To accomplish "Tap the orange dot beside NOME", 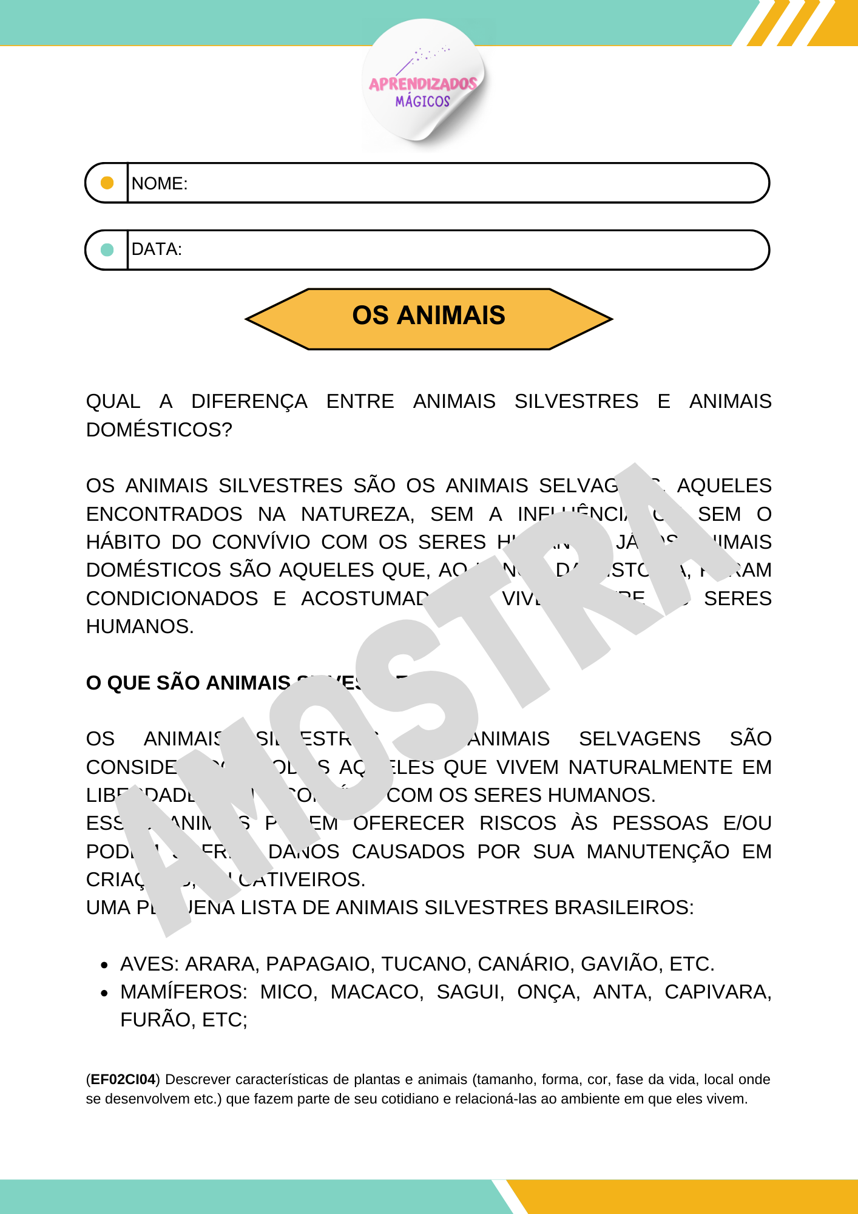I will click(x=107, y=183).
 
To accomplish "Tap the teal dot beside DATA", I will click(x=107, y=249).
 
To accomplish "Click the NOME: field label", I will click(x=160, y=183).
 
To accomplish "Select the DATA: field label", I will click(x=157, y=249).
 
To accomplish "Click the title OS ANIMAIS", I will click(x=428, y=316).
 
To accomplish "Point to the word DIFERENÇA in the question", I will click(x=249, y=401).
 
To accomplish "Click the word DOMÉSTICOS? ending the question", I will click(x=159, y=430).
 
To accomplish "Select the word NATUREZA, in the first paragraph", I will click(x=357, y=514).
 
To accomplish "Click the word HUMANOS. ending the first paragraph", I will click(x=140, y=626).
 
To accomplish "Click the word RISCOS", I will click(x=518, y=823).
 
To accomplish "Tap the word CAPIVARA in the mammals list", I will click(x=717, y=992).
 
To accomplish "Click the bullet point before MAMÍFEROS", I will click(x=104, y=993).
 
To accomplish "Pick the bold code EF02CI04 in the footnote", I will click(x=123, y=1079).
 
